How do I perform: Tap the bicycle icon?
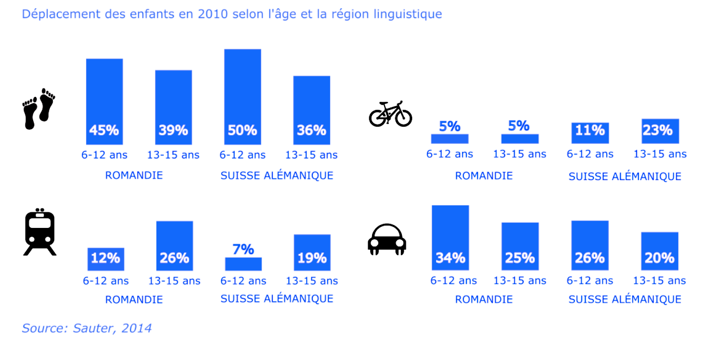[x=390, y=114]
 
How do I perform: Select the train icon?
[x=40, y=232]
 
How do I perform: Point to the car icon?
[x=387, y=239]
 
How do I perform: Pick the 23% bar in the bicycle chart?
[x=660, y=131]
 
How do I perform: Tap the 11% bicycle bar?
[x=590, y=133]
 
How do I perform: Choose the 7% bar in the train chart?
[x=243, y=264]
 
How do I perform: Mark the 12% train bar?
[x=106, y=259]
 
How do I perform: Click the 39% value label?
[x=174, y=130]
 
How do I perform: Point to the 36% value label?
[x=311, y=130]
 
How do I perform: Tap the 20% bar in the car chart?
[x=660, y=251]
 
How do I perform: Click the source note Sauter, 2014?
[x=87, y=328]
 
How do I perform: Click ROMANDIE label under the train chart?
[x=134, y=299]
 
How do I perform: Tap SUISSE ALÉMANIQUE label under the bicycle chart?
[x=624, y=177]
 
